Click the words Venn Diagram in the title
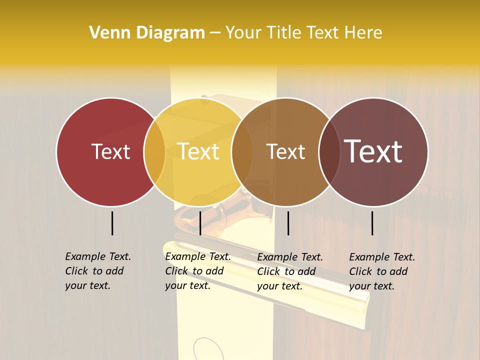pyautogui.click(x=147, y=33)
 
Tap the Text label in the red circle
pyautogui.click(x=110, y=152)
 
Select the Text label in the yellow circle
pyautogui.click(x=198, y=152)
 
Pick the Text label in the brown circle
pyautogui.click(x=285, y=152)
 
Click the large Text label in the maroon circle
pyautogui.click(x=373, y=151)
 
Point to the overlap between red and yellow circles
pyautogui.click(x=154, y=152)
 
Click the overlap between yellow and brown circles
pyautogui.click(x=242, y=152)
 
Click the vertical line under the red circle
pyautogui.click(x=112, y=223)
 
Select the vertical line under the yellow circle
pyautogui.click(x=200, y=223)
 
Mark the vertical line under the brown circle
pyautogui.click(x=288, y=223)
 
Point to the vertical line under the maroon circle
pyautogui.click(x=372, y=223)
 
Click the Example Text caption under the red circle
pyautogui.click(x=97, y=271)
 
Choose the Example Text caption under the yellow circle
pyautogui.click(x=197, y=271)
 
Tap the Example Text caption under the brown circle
pyautogui.click(x=289, y=271)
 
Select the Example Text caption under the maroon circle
pyautogui.click(x=381, y=271)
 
